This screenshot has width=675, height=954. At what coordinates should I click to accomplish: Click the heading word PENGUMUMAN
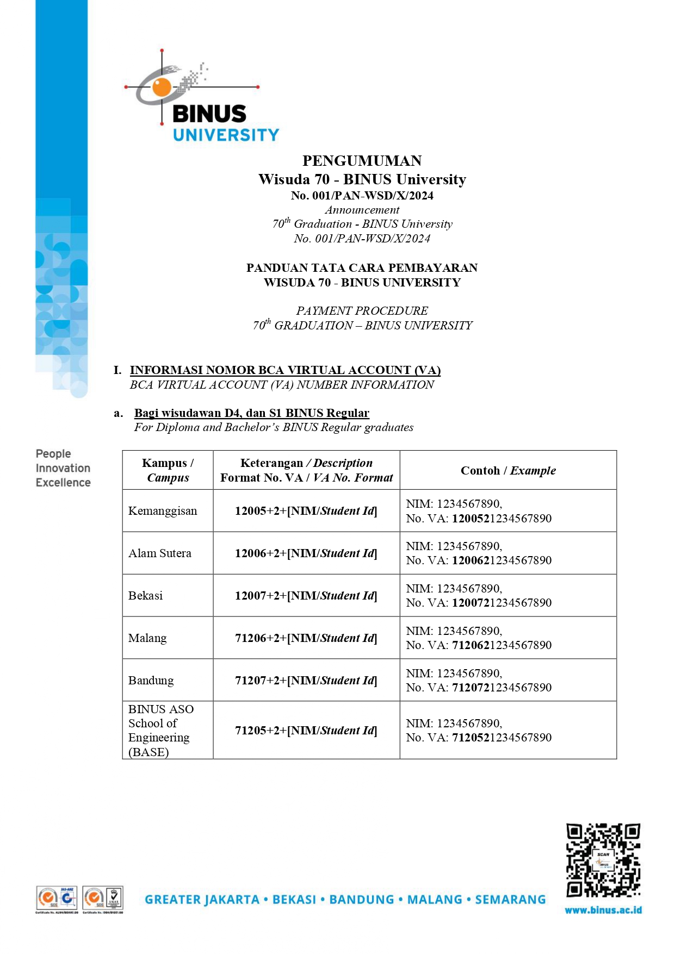362,161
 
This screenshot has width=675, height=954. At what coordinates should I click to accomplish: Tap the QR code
603,860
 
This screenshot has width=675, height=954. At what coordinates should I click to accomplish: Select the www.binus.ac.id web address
603,910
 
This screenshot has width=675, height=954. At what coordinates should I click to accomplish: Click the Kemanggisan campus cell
163,511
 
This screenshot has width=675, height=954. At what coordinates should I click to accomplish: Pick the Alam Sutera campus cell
160,553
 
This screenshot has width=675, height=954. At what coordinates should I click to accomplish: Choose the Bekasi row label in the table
146,596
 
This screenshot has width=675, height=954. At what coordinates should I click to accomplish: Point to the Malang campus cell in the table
147,638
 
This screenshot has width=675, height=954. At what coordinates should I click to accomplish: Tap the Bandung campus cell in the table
151,681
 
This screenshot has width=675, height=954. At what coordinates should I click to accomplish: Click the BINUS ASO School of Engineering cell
161,730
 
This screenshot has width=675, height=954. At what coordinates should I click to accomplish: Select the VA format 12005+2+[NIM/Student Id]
306,511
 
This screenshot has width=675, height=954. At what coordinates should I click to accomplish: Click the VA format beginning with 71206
306,638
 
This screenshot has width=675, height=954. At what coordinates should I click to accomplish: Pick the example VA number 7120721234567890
501,688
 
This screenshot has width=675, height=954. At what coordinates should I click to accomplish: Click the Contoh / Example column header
508,471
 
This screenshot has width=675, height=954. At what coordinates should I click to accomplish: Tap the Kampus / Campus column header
168,470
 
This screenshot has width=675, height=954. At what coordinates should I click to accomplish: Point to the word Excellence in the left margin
63,483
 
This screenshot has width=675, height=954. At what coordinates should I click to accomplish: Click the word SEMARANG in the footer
510,900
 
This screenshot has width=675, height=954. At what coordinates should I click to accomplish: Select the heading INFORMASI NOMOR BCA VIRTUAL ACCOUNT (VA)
285,370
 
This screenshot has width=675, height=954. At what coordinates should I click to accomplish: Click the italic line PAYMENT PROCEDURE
362,311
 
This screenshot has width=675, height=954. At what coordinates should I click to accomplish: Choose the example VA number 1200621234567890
501,560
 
